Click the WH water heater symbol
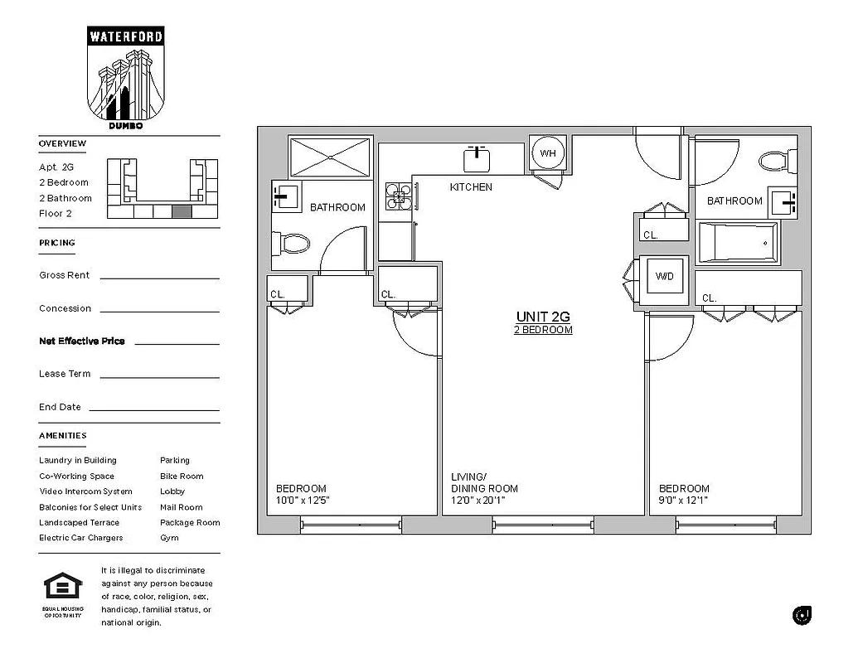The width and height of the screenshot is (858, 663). coord(547,153)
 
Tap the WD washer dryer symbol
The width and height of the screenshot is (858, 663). coord(665,276)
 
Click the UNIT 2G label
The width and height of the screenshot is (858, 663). coord(543,317)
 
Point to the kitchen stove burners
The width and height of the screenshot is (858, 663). coord(398,196)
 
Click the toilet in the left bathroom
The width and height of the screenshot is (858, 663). coord(290,243)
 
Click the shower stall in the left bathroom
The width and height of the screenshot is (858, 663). coord(330,157)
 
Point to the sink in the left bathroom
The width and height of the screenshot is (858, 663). coord(285,198)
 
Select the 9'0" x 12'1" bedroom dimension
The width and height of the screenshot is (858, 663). coord(683,501)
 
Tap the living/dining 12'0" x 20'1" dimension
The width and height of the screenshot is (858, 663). coord(478,501)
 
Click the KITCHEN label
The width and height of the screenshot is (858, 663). coord(471,187)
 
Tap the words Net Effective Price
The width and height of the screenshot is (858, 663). coord(81,341)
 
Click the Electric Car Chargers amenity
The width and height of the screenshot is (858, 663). coord(80,538)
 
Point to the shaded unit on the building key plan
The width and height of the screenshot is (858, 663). coord(182,211)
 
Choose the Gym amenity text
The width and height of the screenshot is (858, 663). coord(169,538)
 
